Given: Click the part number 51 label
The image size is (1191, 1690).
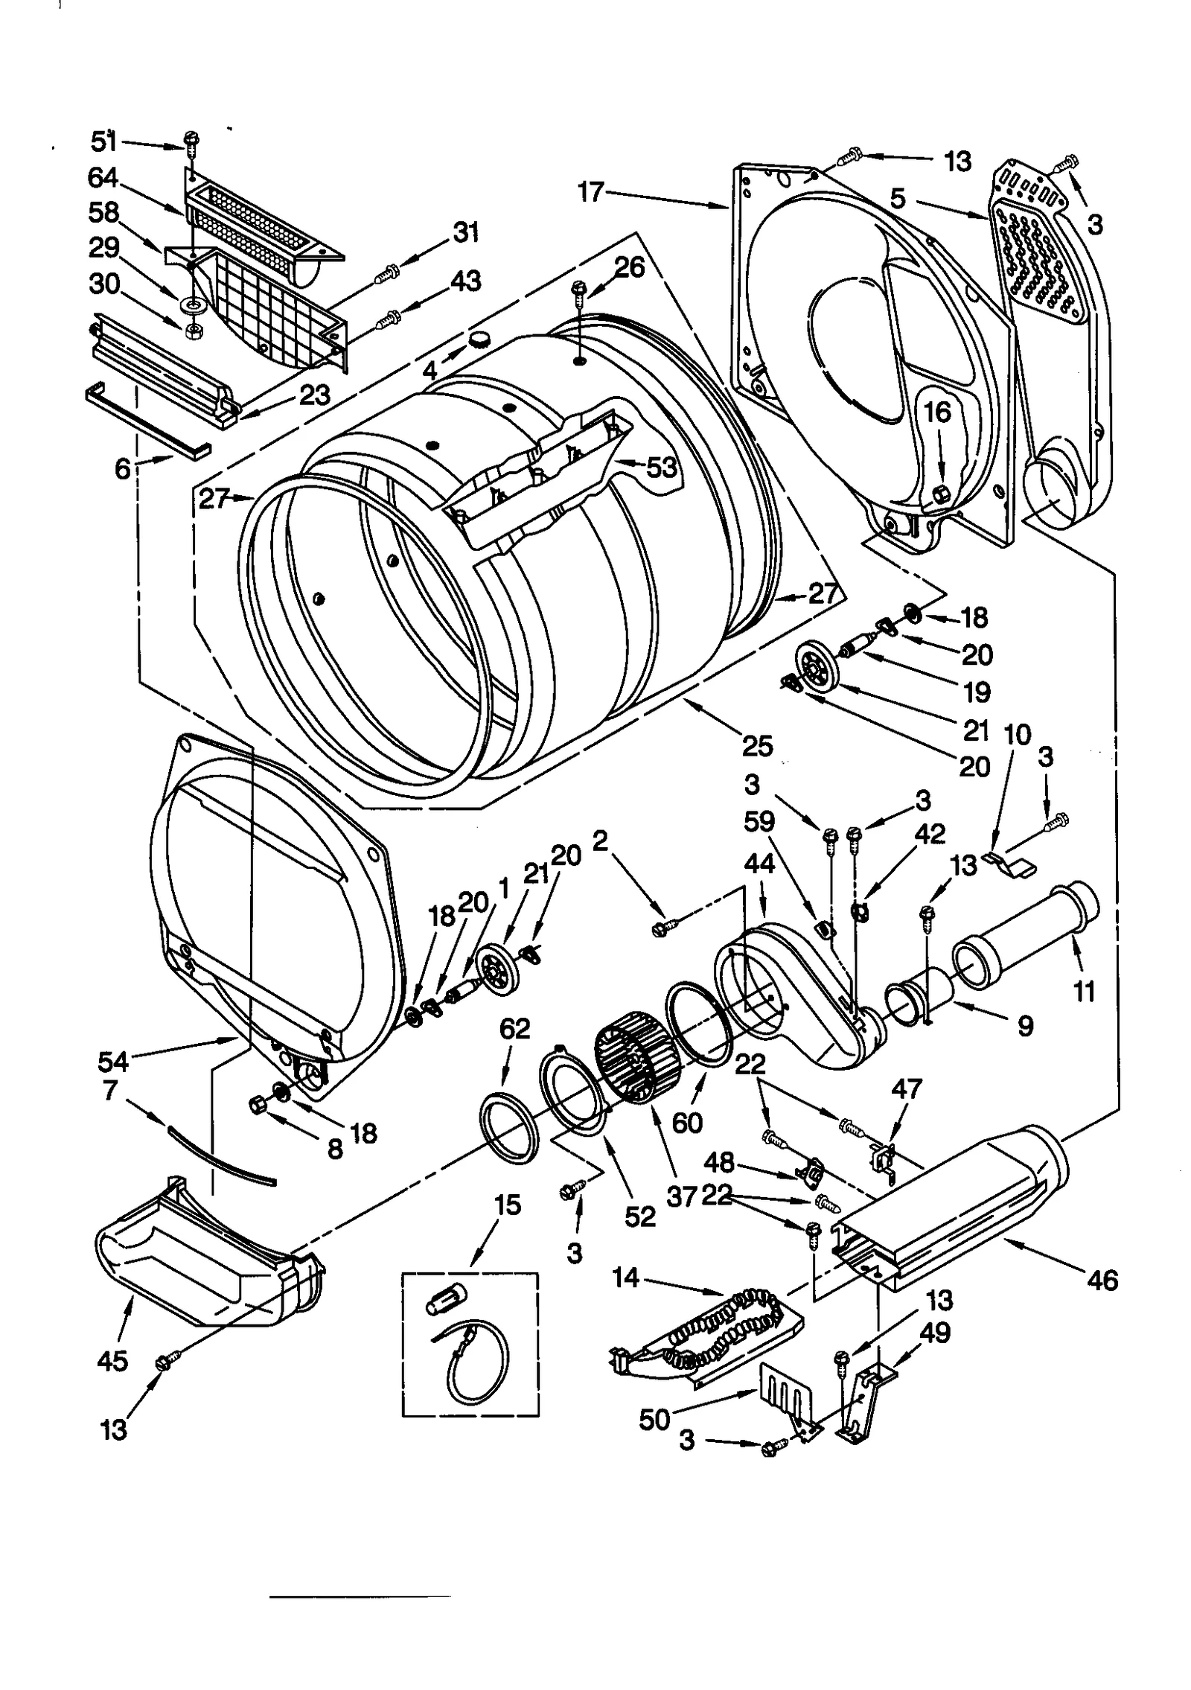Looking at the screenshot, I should click(x=103, y=141).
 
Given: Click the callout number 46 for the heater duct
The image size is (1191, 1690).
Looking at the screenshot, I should click(x=1102, y=1280).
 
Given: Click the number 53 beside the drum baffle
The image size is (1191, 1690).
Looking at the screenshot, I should click(x=661, y=467).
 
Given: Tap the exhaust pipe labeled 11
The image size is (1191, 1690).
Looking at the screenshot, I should click(x=1027, y=934).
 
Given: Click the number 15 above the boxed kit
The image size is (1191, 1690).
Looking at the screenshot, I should click(x=508, y=1205).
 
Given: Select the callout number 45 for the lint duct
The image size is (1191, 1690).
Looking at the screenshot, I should click(x=112, y=1361).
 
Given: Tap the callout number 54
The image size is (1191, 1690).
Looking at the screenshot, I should click(x=113, y=1061).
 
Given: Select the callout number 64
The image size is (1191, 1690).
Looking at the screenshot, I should click(x=103, y=177).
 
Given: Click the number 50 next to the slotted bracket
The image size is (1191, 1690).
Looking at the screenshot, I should click(x=654, y=1420).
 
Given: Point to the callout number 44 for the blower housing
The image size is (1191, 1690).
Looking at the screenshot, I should click(x=759, y=864).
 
